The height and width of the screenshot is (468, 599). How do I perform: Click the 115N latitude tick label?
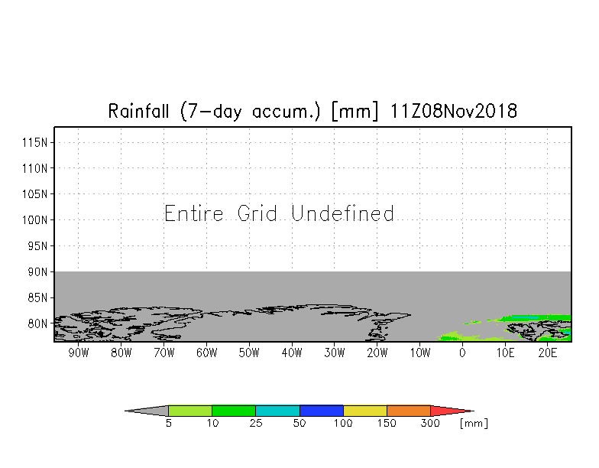35,142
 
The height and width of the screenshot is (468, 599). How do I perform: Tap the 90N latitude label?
37,272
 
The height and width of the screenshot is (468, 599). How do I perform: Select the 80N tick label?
37,323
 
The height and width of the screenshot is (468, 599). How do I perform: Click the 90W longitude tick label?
79,353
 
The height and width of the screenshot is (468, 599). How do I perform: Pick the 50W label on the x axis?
249,353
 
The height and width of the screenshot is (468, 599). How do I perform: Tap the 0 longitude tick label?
463,353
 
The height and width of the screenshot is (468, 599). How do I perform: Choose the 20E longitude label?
548,353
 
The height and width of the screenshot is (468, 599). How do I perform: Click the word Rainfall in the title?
138,112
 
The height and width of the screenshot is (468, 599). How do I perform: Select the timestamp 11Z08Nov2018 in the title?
454,112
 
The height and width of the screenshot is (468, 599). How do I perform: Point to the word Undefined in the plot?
342,213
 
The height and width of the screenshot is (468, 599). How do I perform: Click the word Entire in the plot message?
194,213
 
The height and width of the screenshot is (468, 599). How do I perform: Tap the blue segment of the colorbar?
321,411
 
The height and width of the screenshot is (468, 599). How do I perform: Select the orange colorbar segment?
408,411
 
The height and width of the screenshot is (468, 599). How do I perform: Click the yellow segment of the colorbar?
365,411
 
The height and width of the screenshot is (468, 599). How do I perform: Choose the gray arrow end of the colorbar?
125,411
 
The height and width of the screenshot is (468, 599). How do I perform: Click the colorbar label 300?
430,423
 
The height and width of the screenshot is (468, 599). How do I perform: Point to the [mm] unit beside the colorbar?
474,424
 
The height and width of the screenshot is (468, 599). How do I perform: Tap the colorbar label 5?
168,423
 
